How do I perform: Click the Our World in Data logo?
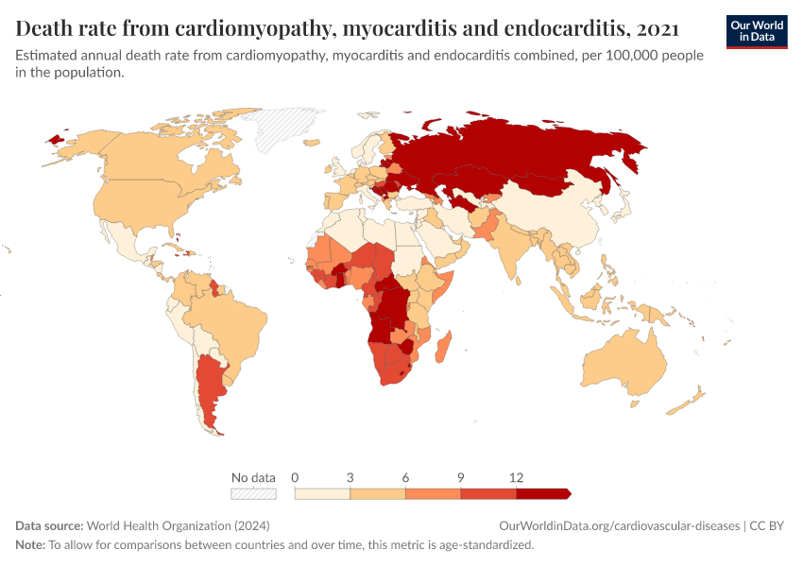(x=757, y=31)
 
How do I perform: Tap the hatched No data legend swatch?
(x=253, y=493)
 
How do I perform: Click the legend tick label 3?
(x=350, y=478)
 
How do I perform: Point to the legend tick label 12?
(x=516, y=478)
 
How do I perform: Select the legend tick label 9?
(x=461, y=478)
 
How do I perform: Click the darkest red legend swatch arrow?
(x=544, y=493)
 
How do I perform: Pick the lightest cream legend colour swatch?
(x=322, y=493)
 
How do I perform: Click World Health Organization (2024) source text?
(x=161, y=525)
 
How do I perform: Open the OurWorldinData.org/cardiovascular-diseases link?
(x=618, y=525)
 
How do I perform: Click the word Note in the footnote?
(x=30, y=544)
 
